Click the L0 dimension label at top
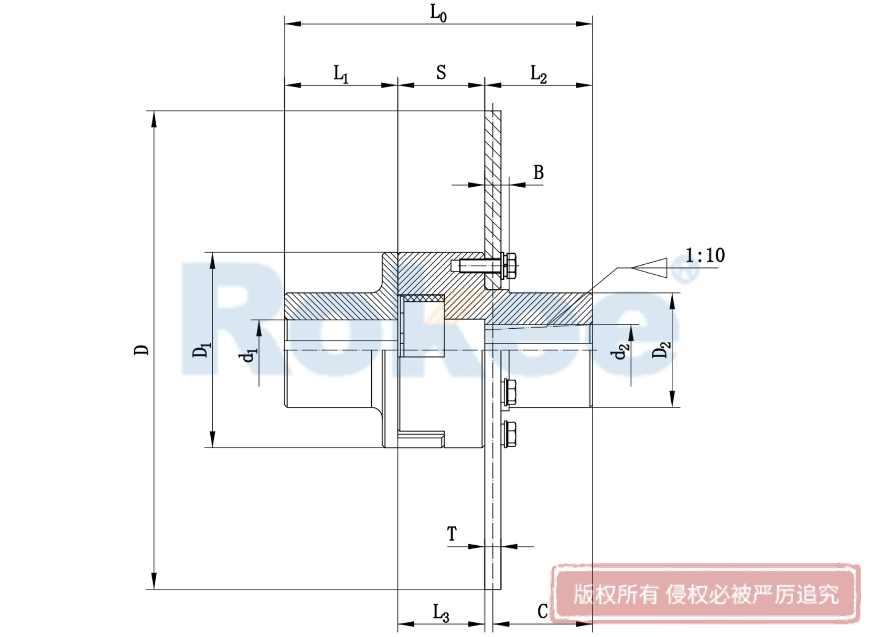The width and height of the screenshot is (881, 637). tap(438, 13)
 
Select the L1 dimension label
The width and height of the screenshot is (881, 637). tap(341, 74)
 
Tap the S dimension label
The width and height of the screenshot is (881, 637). tap(441, 72)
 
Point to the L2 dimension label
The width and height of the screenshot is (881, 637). tap(538, 74)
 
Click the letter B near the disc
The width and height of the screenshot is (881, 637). tap(539, 172)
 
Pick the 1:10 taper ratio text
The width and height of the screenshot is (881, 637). tap(705, 255)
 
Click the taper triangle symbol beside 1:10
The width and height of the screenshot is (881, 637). tap(650, 267)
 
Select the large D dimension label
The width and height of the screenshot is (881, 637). tap(142, 350)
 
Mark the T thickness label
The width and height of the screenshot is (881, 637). tap(452, 534)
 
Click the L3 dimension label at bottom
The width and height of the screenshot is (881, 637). tap(440, 612)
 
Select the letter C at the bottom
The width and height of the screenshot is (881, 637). tap(542, 611)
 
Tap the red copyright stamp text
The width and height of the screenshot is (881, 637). tap(705, 595)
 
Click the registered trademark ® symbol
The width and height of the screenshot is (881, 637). tap(692, 271)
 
